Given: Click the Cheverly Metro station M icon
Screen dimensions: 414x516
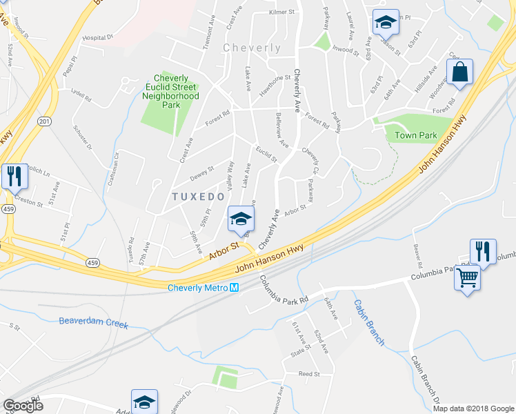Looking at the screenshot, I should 235,288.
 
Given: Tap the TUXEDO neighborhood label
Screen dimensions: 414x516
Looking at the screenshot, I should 198,197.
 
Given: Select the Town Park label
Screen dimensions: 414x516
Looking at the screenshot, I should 417,135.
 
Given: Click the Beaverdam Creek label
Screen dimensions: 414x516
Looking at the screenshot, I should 94,322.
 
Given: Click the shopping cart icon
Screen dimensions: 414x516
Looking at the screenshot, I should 468,277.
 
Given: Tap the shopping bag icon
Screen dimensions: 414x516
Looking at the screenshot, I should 459,72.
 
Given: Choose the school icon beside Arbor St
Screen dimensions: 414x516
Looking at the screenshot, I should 240,219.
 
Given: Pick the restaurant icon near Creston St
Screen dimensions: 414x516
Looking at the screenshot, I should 14,177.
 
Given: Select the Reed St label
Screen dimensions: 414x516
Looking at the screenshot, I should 309,373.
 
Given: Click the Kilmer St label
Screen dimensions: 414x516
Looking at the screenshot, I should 281,12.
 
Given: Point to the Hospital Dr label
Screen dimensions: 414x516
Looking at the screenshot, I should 97,39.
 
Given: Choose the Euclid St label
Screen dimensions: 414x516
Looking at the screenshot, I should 266,153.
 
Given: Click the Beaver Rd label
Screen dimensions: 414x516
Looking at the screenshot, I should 417,255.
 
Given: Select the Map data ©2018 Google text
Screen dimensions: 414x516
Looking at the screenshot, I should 473,408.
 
